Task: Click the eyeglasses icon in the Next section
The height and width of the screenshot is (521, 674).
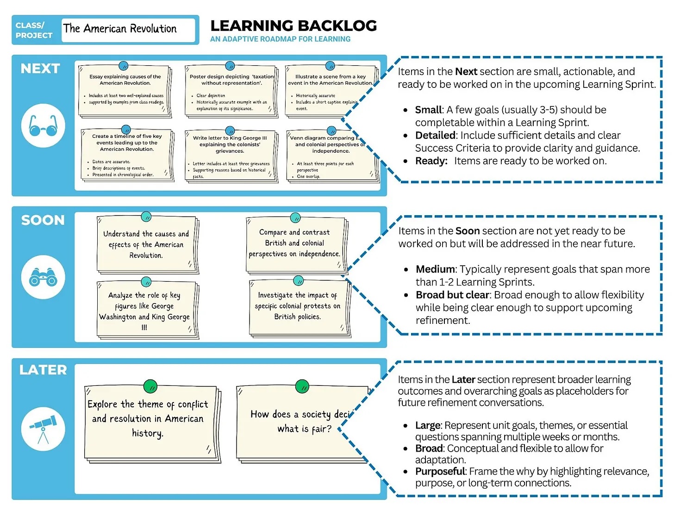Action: [x=43, y=125]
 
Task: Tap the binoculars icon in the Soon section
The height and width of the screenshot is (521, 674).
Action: [x=43, y=277]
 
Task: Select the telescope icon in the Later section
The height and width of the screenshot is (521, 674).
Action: [x=43, y=428]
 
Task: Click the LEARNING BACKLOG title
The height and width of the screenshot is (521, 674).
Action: [x=293, y=26]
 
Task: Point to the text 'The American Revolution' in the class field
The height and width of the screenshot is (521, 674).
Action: [x=120, y=29]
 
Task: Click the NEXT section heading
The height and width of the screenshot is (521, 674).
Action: [x=40, y=68]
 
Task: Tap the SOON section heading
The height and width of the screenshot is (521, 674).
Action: [x=43, y=220]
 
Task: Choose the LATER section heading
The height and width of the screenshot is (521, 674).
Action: [x=43, y=370]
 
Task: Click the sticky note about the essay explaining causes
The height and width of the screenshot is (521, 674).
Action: [x=125, y=91]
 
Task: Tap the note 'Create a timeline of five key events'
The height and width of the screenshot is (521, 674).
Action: [x=126, y=155]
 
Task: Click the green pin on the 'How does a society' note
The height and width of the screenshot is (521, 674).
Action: [x=302, y=386]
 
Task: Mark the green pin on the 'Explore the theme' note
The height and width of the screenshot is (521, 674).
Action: [x=150, y=386]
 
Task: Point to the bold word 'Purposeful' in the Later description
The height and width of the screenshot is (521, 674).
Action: [x=440, y=471]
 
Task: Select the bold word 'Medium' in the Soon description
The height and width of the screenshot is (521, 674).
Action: [x=435, y=269]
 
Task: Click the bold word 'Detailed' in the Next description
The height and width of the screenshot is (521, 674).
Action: [x=435, y=135]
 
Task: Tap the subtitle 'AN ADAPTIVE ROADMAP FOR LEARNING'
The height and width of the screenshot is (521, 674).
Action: [x=280, y=39]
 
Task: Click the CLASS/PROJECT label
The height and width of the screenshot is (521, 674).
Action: [x=34, y=30]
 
